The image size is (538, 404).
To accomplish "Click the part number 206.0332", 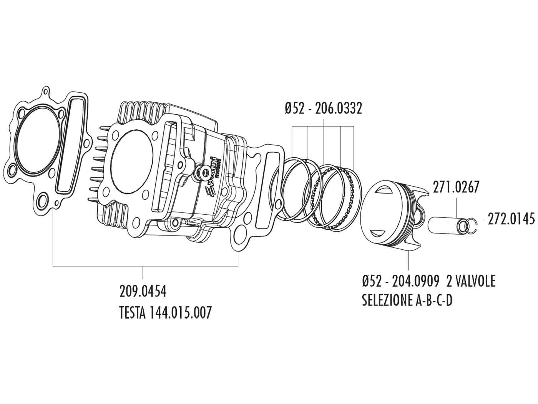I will pos(338,109).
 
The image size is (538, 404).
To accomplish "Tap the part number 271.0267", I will pos(456,187).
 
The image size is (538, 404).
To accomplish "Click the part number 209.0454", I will pos(143,291).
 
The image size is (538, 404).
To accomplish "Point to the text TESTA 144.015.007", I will pos(165,312).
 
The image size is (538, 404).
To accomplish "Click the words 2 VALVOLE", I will pos(471,281).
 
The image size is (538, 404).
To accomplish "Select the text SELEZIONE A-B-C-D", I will pos(407,300).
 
